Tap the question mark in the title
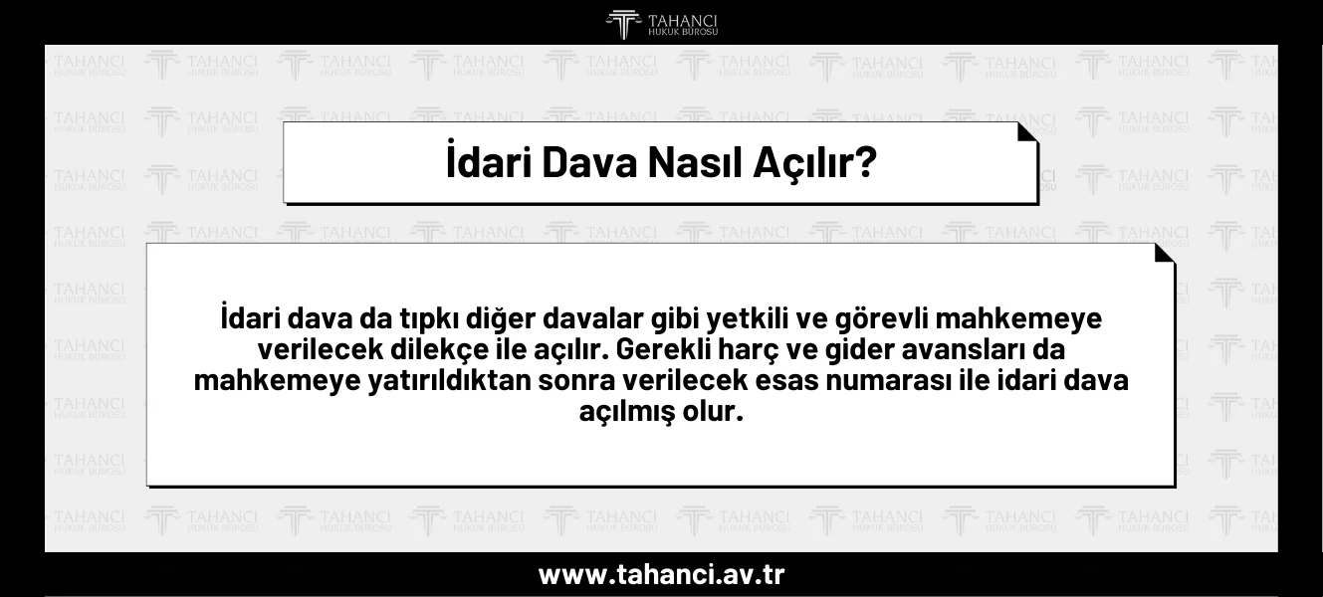[x=865, y=162]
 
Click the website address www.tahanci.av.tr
[x=661, y=575]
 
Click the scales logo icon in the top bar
[x=624, y=24]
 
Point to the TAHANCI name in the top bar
[x=682, y=20]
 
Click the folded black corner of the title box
[x=1026, y=132]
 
